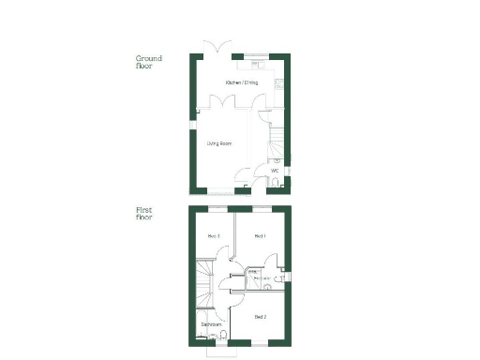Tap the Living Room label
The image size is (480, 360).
point(219,143)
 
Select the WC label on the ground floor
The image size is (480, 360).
point(275,171)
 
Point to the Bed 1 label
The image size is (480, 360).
point(261,235)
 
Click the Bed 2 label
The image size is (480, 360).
point(260,318)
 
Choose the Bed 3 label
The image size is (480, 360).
point(213,235)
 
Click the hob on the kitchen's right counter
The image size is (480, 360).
point(277,85)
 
